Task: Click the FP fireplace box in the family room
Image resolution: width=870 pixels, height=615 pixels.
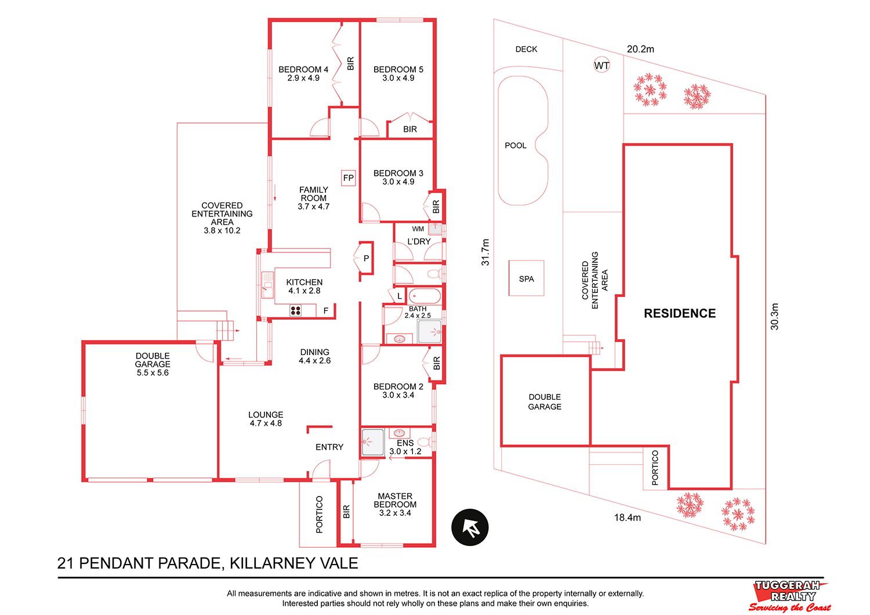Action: point(348,178)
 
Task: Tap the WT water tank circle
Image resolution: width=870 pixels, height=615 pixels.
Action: point(601,65)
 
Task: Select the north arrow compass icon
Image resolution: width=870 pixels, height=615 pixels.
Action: point(470,527)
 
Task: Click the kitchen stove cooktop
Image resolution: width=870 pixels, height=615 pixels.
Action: point(295,310)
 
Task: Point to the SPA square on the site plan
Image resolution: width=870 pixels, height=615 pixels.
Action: point(526,278)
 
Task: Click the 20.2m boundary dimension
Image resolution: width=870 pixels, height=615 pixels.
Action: point(640,49)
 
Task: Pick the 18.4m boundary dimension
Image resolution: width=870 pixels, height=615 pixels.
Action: point(627,518)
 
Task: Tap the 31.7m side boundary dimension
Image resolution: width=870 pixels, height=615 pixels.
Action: point(485,252)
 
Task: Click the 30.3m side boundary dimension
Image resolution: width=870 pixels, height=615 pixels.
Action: point(774,317)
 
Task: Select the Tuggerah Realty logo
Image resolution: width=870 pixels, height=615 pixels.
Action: point(789,596)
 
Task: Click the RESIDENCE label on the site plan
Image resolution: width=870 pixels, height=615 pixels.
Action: point(680,313)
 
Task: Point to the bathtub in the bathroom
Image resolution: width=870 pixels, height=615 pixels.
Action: point(425,296)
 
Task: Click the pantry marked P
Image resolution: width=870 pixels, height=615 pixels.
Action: point(366,258)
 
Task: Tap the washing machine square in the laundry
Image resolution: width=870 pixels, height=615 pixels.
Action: point(435,229)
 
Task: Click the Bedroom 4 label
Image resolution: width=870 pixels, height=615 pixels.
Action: point(303,70)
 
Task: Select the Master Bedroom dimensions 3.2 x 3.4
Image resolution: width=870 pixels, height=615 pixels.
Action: point(395,513)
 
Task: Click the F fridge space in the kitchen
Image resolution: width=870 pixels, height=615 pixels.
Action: point(326,310)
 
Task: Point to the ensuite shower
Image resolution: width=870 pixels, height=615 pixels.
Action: point(373,442)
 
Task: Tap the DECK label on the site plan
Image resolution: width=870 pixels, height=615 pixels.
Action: point(526,49)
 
